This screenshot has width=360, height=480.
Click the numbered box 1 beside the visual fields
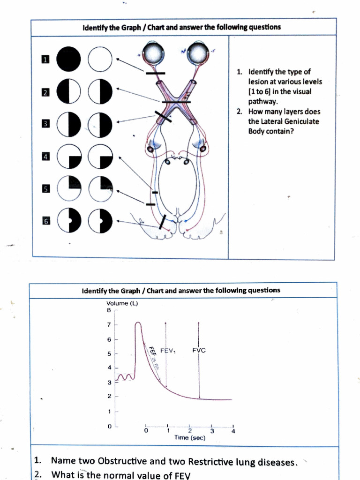coord(45,60)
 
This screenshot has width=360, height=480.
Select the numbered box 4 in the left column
coord(45,157)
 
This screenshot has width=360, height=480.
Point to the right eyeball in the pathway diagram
coord(197,54)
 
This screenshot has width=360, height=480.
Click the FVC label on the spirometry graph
coord(199,351)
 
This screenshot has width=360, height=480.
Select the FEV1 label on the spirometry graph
coord(168,351)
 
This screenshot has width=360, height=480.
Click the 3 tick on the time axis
coord(212,430)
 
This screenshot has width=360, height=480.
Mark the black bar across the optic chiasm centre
coord(176,101)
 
